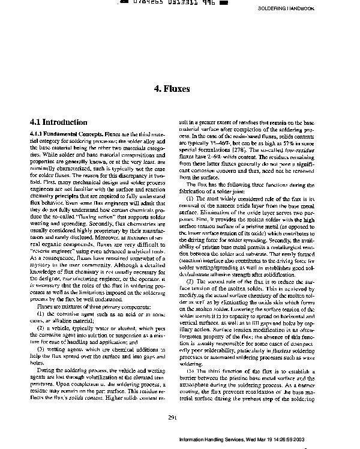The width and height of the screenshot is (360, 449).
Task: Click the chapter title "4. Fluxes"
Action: click(x=172, y=89)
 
